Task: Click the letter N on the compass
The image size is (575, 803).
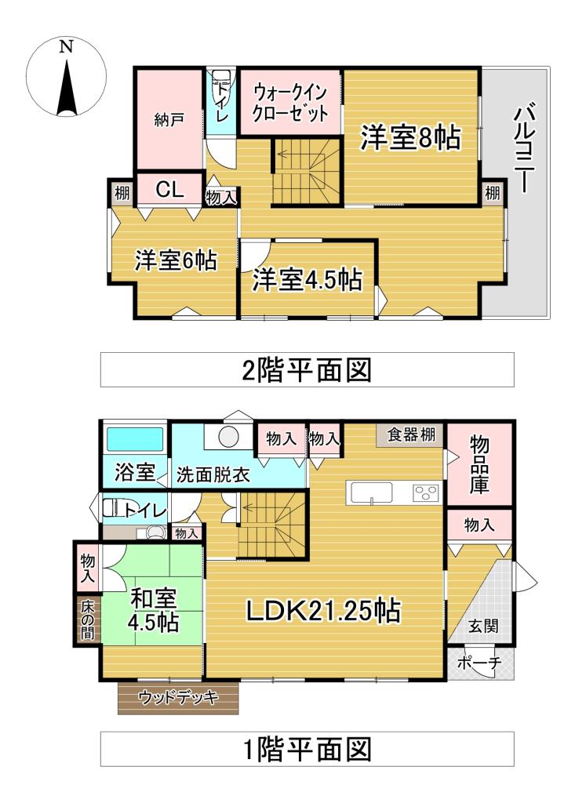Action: [67, 46]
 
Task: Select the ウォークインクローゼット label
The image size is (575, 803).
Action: [289, 102]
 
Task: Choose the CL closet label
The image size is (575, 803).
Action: [169, 189]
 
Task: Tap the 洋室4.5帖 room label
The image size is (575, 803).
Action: [307, 280]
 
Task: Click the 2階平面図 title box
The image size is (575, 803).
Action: [307, 369]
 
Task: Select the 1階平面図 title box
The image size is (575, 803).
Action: [307, 749]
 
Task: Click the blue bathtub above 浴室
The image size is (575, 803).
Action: [134, 439]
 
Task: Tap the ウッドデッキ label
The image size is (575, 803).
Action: [177, 697]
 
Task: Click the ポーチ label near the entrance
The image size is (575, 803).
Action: [479, 663]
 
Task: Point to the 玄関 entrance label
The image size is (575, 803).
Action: [482, 627]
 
